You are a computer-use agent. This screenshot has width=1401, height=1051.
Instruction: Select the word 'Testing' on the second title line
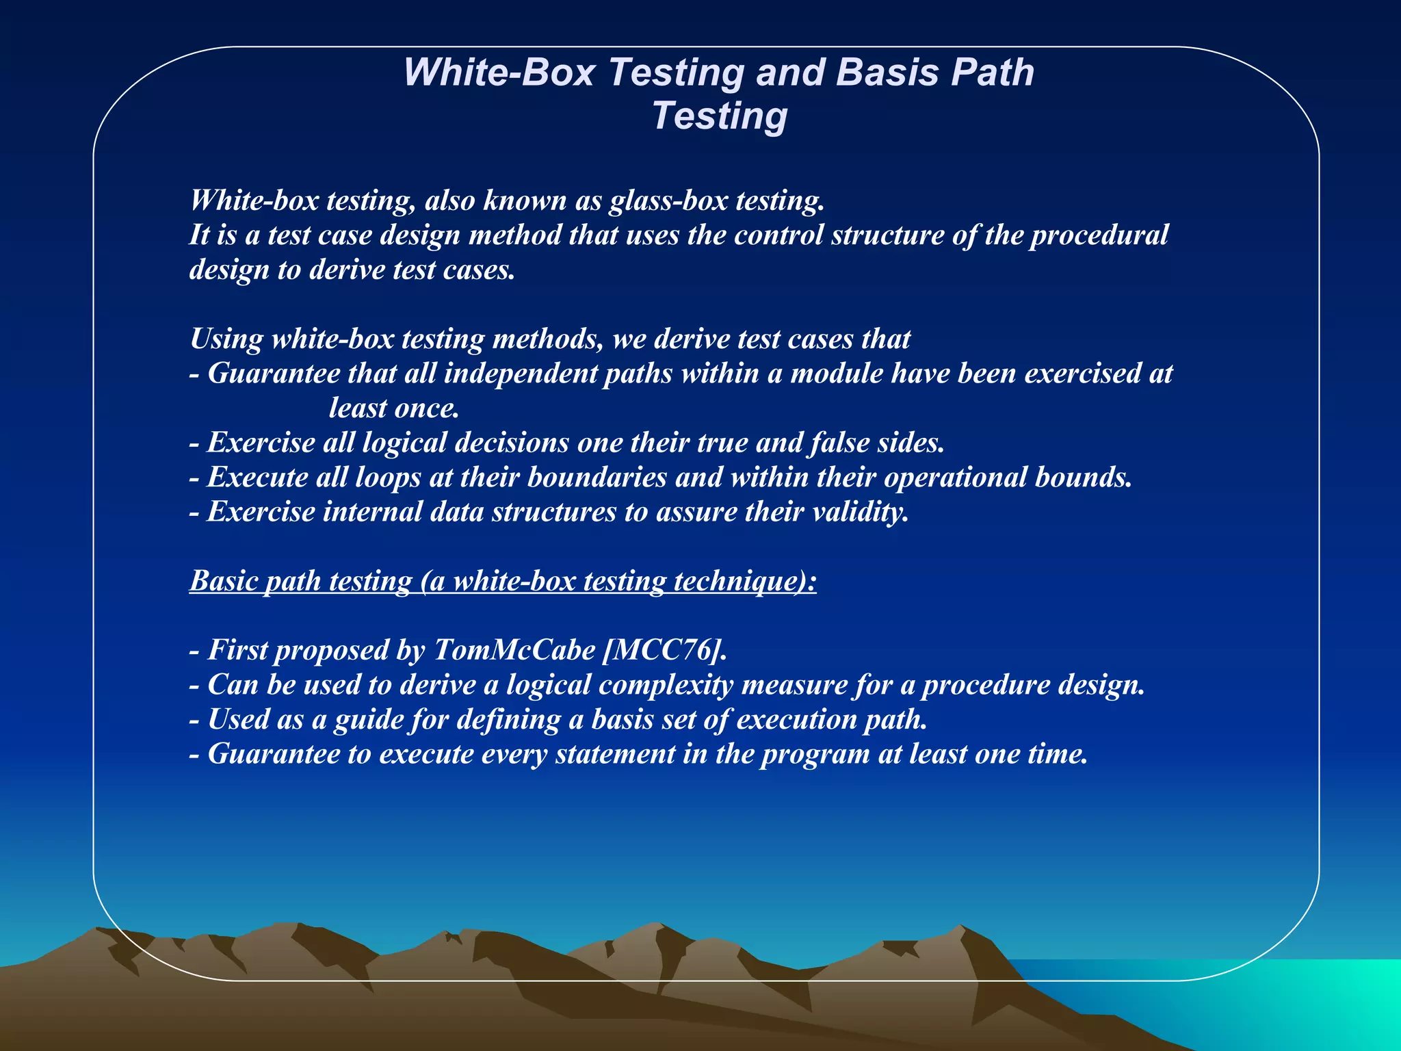click(x=720, y=116)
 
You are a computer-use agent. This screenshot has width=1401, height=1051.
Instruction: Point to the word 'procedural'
click(x=1099, y=235)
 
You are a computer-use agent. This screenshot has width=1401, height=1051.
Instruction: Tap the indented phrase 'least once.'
click(x=393, y=408)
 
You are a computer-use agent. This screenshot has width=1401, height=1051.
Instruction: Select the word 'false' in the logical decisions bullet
click(x=840, y=443)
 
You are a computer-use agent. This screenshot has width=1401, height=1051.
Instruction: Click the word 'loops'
click(x=388, y=478)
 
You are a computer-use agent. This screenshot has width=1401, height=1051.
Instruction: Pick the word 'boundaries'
click(x=597, y=478)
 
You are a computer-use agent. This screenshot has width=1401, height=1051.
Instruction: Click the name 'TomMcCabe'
click(x=514, y=650)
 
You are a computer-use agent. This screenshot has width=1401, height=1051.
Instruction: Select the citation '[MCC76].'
click(x=664, y=650)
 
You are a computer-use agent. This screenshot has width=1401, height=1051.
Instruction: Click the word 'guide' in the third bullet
click(x=369, y=720)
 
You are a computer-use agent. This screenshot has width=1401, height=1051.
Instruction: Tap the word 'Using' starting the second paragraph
click(x=226, y=339)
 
